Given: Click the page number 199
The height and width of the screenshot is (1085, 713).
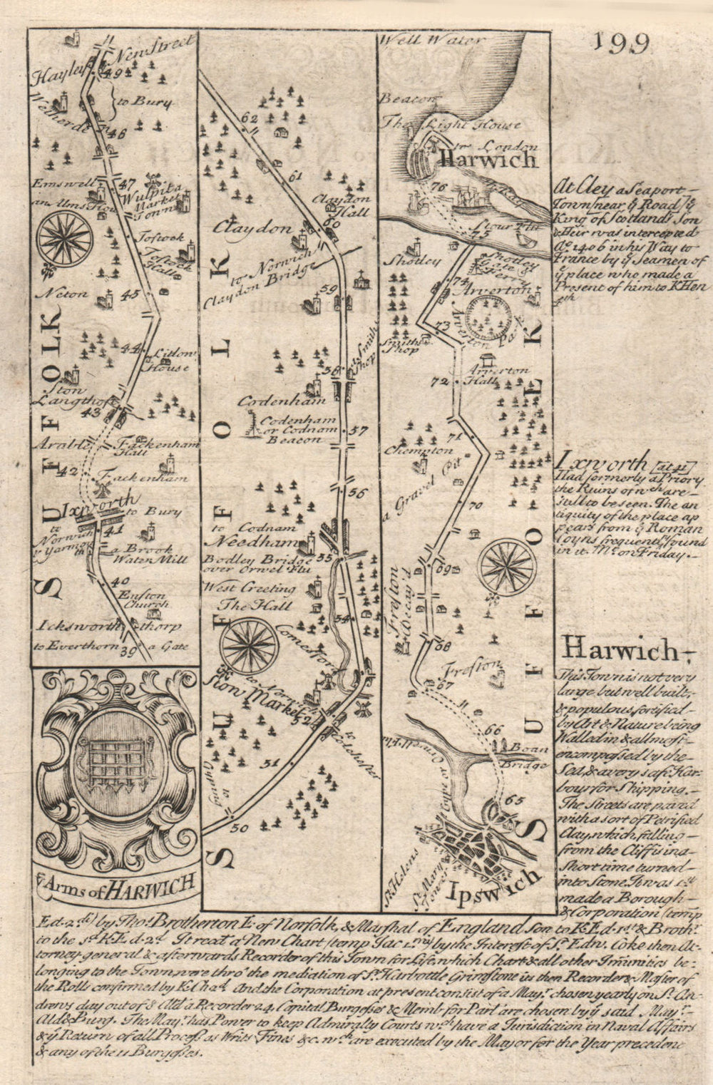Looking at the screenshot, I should coord(619,43).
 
